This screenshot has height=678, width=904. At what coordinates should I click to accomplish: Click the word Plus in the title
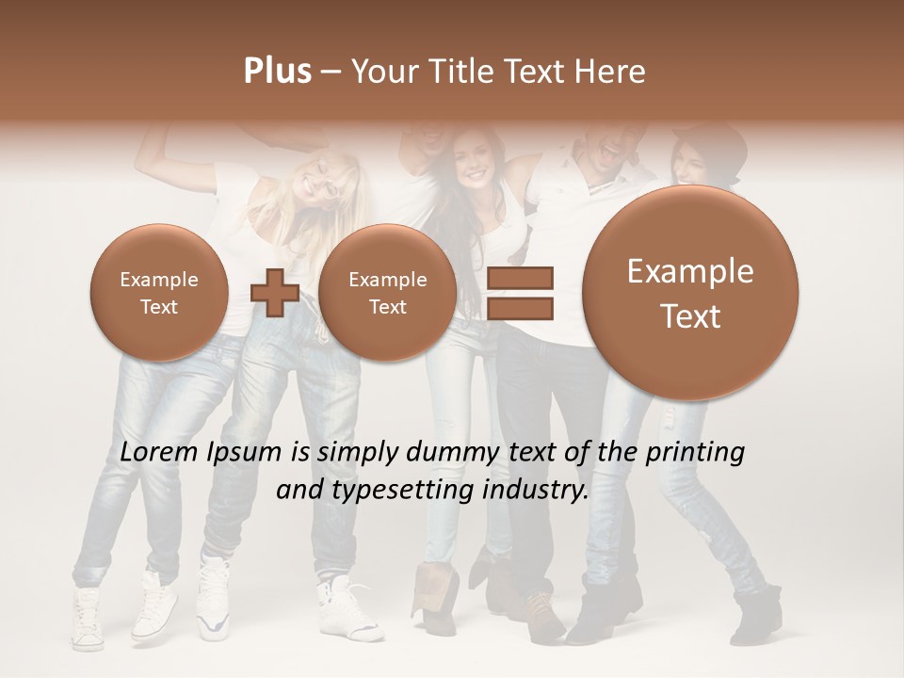tap(277, 72)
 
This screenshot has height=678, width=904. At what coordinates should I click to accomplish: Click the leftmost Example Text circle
tap(159, 293)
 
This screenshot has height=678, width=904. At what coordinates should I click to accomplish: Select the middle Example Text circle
tap(387, 293)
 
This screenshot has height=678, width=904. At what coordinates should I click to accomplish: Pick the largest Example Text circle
tap(690, 293)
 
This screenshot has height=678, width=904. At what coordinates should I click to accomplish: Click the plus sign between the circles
tap(274, 293)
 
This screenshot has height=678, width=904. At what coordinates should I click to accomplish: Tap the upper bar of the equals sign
tap(519, 278)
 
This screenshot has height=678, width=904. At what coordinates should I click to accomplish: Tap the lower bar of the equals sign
tap(519, 307)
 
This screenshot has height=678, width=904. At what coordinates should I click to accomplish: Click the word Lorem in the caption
tap(158, 453)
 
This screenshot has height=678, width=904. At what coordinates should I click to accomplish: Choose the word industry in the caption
tap(538, 491)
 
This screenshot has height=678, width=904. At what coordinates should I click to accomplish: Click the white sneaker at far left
tap(88, 621)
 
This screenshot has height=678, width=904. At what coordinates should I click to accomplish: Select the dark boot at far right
tap(758, 612)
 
